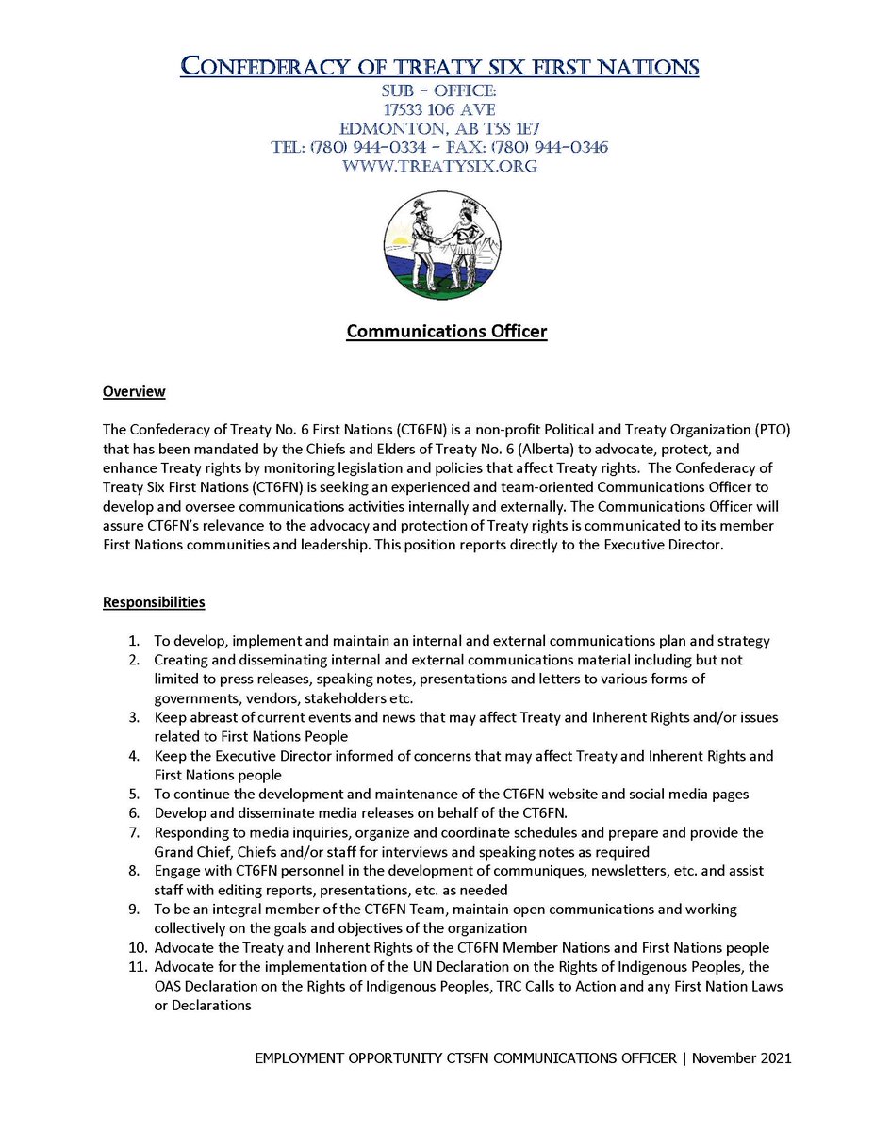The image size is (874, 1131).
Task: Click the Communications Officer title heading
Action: pos(446,332)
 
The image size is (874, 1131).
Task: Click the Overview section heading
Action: pos(134,391)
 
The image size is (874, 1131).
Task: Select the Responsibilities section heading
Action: pos(154,602)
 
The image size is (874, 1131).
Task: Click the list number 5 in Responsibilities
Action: pos(134,794)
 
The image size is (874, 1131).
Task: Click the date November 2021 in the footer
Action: pos(741,1058)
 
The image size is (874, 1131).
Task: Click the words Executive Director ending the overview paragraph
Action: pos(664,545)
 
